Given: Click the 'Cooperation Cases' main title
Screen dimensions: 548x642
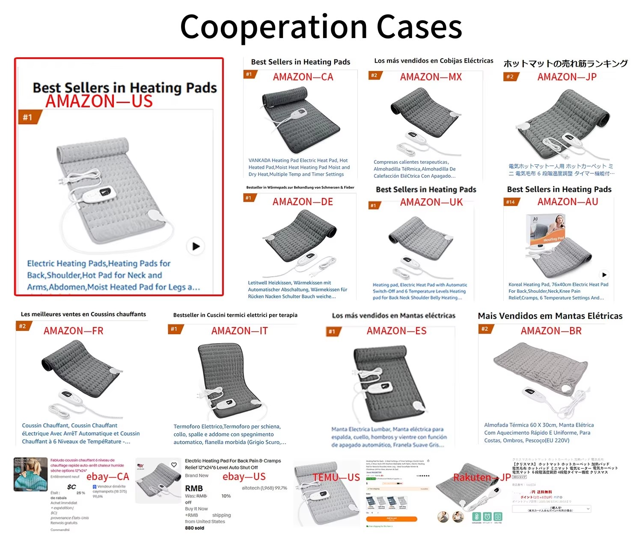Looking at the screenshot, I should tap(321, 27).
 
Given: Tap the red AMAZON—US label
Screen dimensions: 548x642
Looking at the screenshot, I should tap(99, 101).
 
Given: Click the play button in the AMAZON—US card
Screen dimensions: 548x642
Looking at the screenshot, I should tap(196, 246).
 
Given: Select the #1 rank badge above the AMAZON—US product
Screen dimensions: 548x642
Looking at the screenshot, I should tap(29, 117).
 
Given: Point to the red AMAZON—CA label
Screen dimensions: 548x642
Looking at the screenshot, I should tap(303, 77).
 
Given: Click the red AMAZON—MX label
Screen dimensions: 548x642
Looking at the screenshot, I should tap(431, 77).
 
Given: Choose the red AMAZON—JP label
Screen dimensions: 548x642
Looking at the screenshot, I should tap(567, 77).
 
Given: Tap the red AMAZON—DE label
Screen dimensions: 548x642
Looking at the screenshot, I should tap(303, 202).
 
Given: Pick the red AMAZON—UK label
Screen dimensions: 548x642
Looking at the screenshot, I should tap(431, 202).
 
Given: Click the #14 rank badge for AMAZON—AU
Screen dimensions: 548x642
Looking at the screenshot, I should tap(511, 202).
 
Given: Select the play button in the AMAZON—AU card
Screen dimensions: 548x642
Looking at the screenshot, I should tap(604, 275).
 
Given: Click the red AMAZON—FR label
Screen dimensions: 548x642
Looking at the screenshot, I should tap(74, 331).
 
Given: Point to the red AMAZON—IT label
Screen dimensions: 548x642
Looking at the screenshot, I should tap(240, 331).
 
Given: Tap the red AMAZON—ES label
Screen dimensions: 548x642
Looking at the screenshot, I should tap(397, 331).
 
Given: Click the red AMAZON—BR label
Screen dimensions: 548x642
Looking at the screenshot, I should tap(551, 331).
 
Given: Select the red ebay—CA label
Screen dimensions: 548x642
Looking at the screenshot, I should tap(108, 477).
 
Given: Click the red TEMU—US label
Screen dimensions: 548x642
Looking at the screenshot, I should tap(336, 477).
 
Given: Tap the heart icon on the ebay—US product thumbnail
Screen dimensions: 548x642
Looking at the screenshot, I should tap(174, 465).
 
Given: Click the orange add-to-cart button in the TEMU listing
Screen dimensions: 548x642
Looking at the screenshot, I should tap(391, 519).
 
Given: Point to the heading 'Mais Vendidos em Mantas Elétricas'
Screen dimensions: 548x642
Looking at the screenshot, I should tap(550, 316).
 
